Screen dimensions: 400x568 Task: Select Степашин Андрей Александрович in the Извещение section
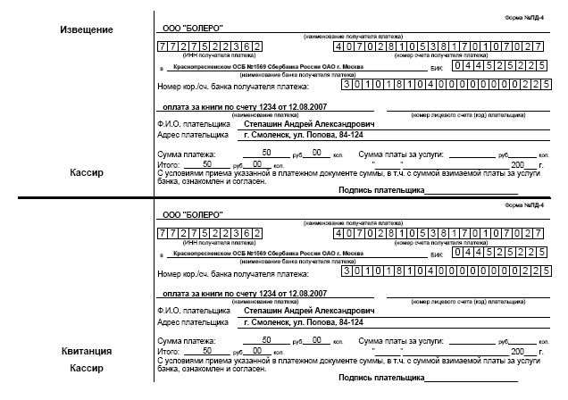[x=309, y=123]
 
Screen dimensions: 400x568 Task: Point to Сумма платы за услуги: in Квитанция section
[x=399, y=341]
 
